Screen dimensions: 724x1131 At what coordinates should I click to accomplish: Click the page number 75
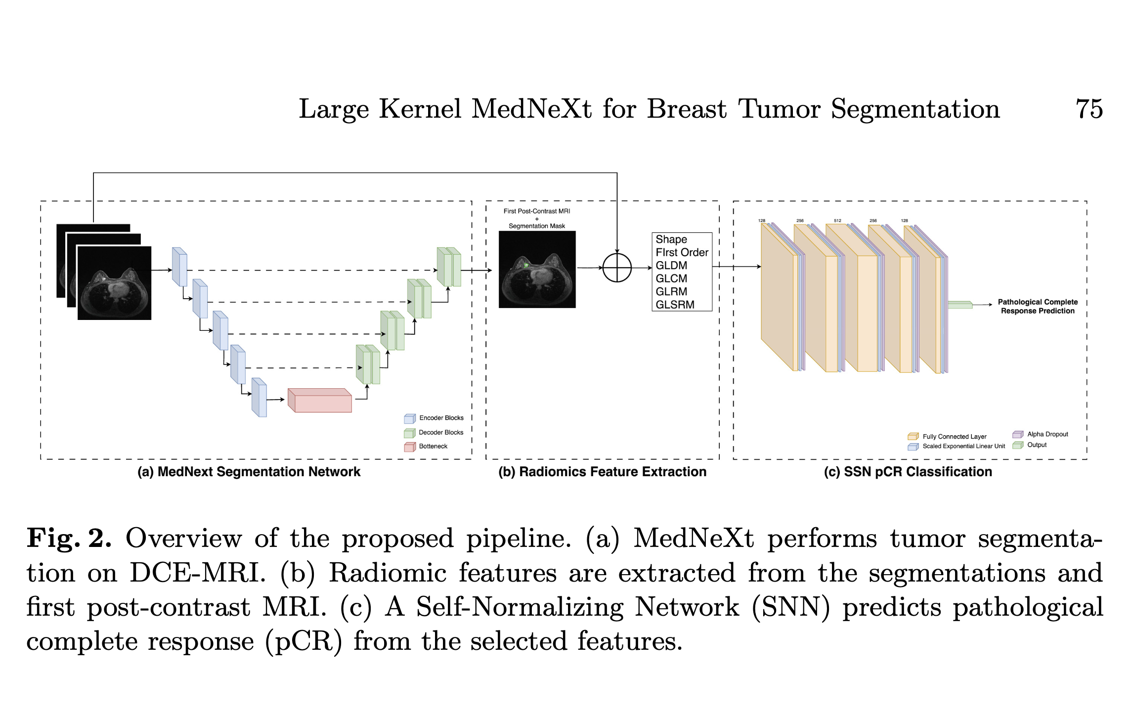click(x=1089, y=109)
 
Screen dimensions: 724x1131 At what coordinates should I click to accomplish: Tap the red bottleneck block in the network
click(x=320, y=401)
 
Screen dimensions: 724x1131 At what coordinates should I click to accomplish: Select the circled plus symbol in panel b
click(x=617, y=268)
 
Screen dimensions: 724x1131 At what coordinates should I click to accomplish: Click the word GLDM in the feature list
click(x=671, y=266)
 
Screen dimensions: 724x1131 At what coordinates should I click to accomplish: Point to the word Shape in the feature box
click(x=671, y=239)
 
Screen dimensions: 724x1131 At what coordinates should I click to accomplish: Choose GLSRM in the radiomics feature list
click(x=675, y=305)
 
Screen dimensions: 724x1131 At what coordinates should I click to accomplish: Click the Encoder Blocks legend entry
click(x=441, y=418)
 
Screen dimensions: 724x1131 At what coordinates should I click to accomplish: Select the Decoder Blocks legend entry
click(x=441, y=432)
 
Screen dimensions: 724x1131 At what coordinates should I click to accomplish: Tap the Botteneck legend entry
click(x=433, y=446)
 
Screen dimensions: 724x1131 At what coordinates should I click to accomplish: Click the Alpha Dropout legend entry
click(x=1047, y=434)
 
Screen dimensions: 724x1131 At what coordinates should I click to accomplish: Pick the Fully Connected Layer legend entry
click(x=954, y=437)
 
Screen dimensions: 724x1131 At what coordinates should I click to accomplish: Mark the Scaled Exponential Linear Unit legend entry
click(x=963, y=446)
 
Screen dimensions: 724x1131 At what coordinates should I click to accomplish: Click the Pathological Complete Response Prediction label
click(x=1038, y=306)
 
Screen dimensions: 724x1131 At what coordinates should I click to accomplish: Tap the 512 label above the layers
click(x=837, y=221)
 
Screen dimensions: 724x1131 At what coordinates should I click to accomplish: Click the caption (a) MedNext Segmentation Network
click(x=249, y=472)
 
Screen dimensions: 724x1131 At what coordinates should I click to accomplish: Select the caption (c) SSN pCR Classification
click(x=908, y=472)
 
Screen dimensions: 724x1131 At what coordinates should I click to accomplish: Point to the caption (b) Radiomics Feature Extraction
click(x=603, y=472)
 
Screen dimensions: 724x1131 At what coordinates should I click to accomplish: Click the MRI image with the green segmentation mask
click(x=537, y=270)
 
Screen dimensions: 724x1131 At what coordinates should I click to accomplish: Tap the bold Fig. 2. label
click(x=69, y=539)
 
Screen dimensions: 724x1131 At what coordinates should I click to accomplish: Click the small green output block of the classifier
click(x=959, y=305)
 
